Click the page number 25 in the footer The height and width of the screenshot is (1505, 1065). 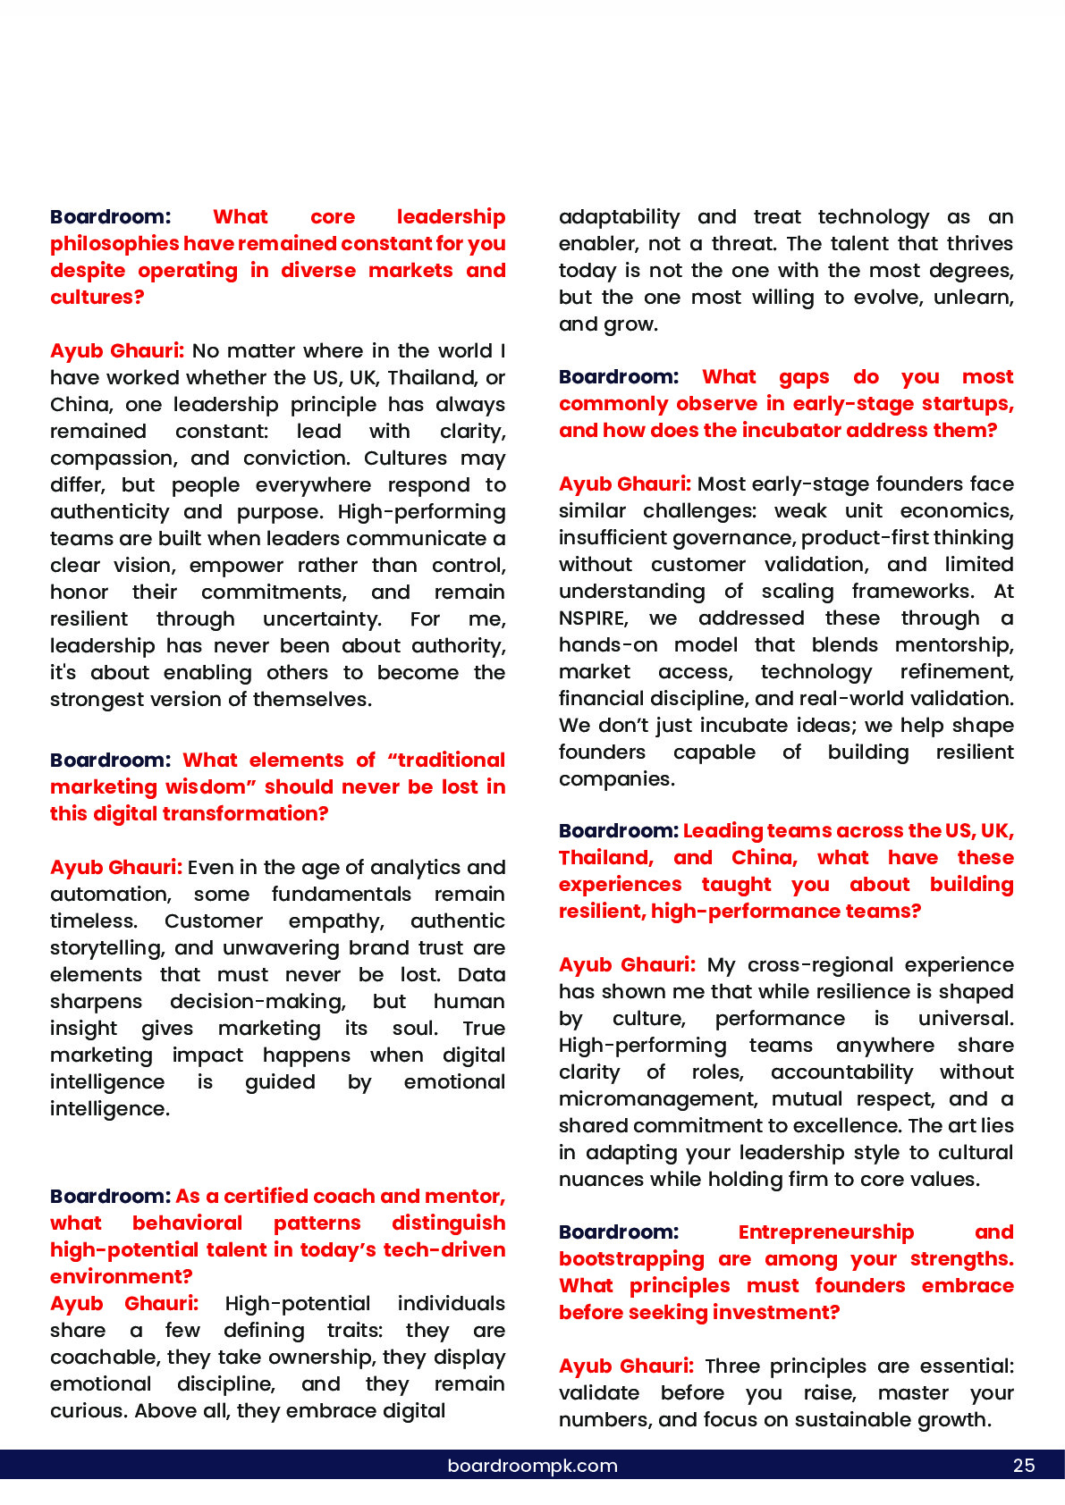1024,1466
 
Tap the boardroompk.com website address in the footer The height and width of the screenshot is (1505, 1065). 532,1466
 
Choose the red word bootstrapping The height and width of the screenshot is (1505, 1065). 631,1259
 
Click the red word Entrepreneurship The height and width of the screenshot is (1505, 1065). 826,1232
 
